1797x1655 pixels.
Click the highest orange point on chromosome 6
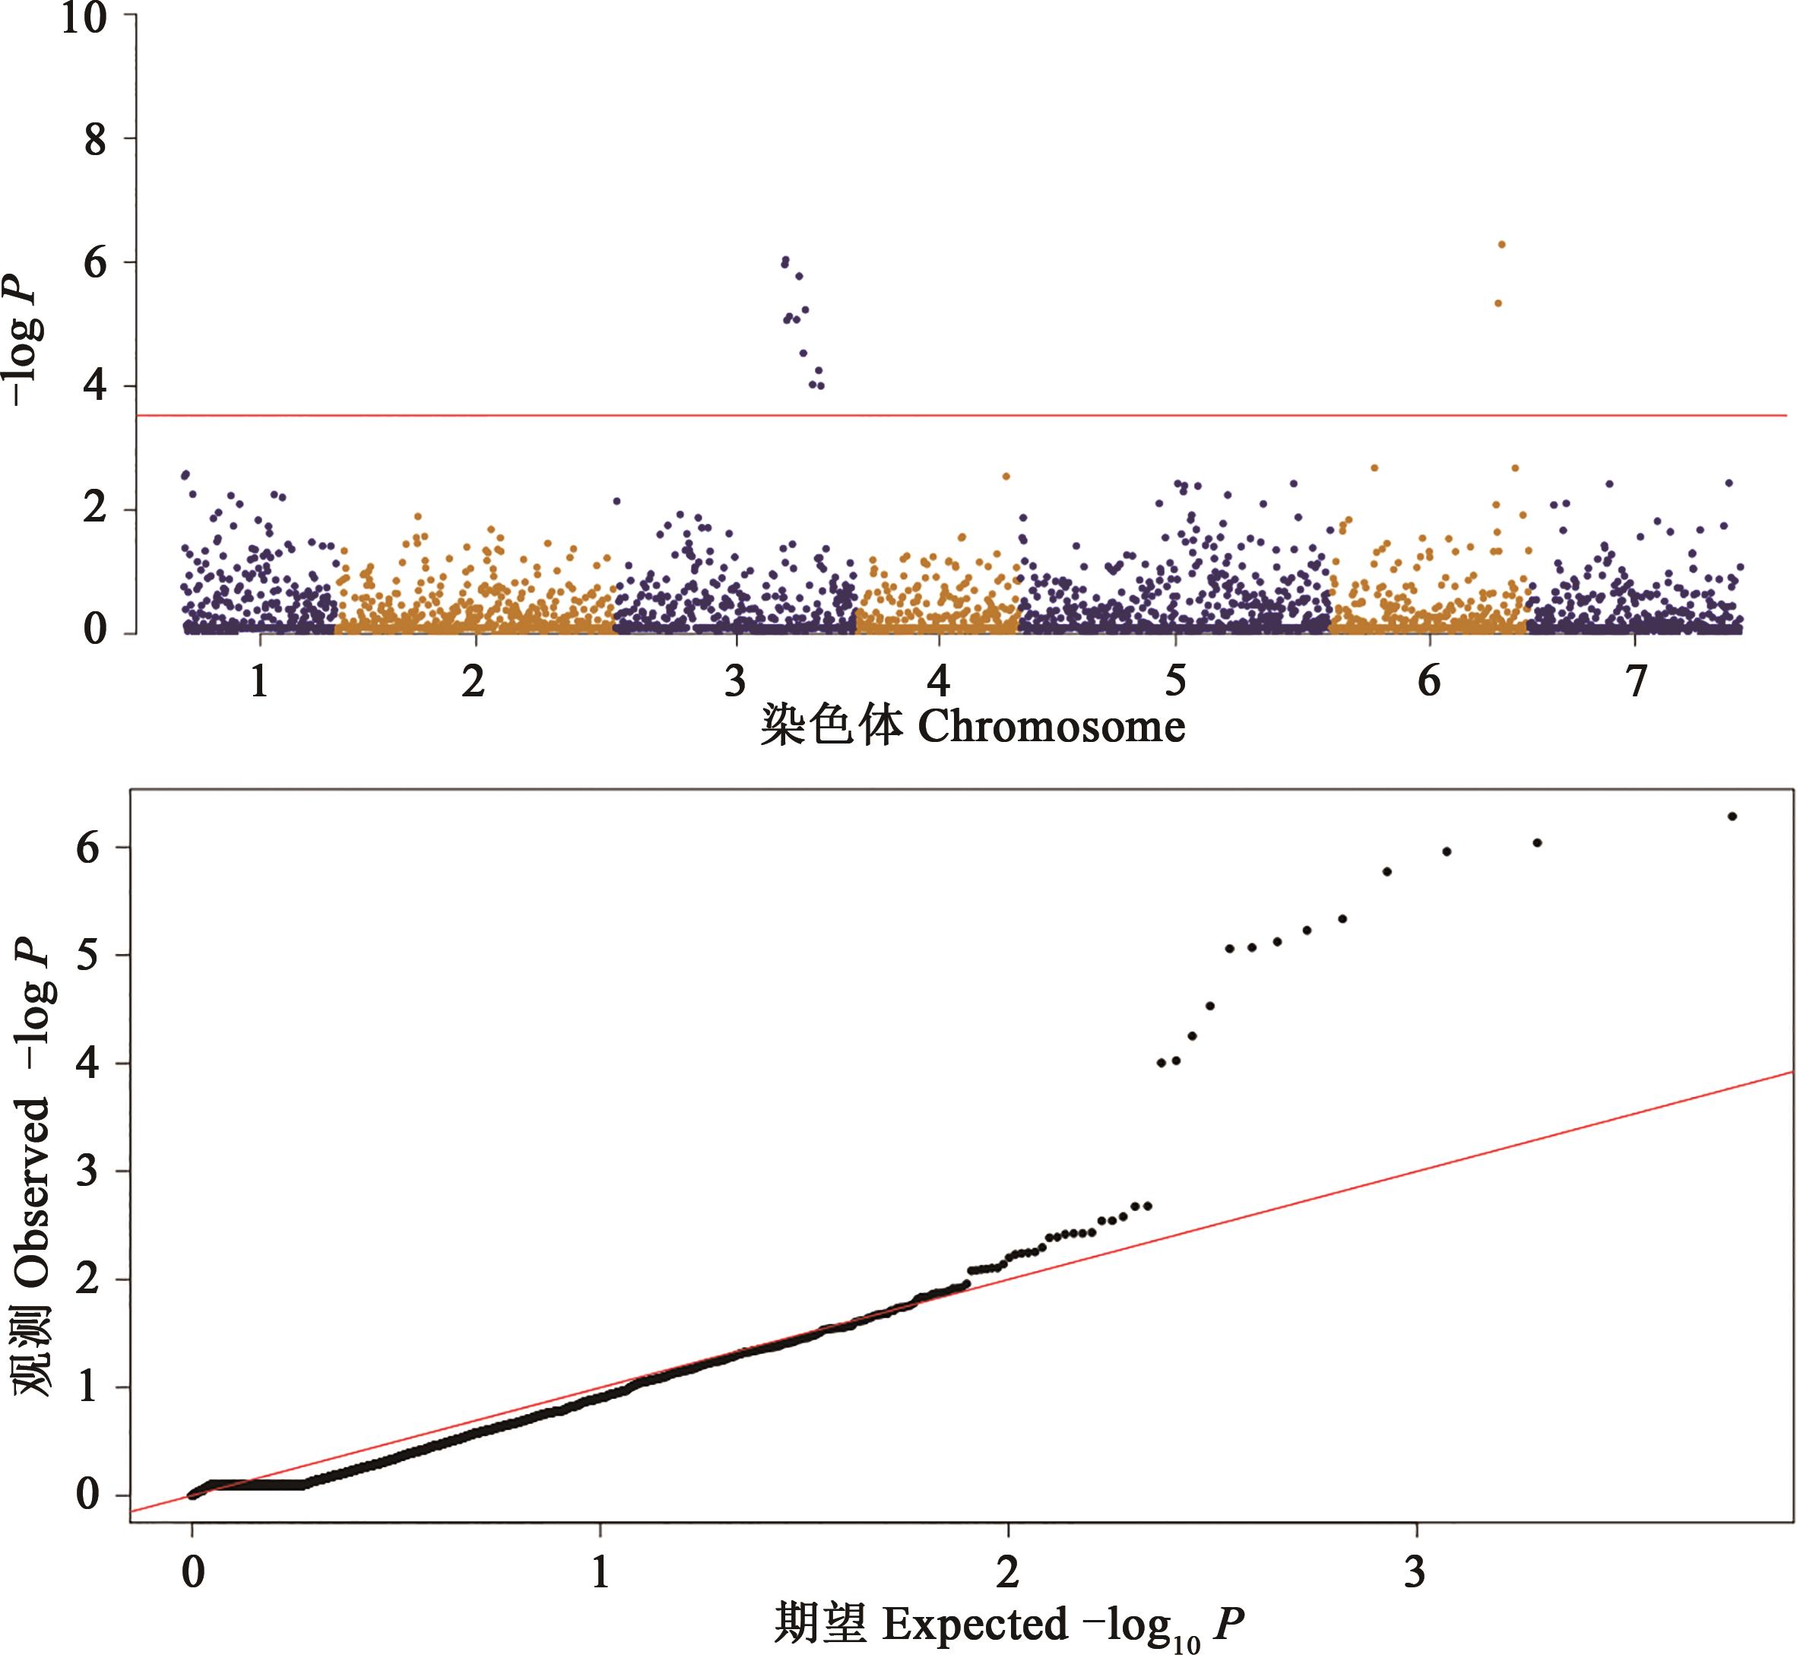point(1501,245)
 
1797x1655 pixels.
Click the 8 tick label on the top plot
point(95,140)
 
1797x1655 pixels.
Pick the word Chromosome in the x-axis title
point(1051,726)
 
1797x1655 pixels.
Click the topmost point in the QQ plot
point(1732,816)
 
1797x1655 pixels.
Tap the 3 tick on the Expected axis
point(1415,1571)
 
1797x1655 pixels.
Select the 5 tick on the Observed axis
point(87,956)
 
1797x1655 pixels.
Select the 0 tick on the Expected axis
point(192,1571)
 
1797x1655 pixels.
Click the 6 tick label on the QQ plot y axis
point(87,847)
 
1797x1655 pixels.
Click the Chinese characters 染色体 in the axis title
point(831,726)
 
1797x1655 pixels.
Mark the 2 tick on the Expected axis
point(1008,1571)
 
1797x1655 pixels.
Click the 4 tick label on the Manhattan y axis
point(95,386)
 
